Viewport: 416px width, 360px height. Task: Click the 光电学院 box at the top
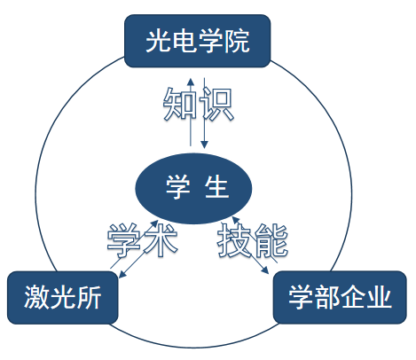198,41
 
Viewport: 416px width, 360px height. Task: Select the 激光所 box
63,297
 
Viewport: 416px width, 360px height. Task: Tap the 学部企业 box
340,297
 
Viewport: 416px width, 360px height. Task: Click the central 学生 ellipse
193,188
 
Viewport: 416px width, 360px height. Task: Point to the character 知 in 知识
180,104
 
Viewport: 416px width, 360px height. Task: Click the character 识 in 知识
216,104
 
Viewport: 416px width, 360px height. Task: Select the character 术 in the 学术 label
160,239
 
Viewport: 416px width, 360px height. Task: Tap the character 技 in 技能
235,239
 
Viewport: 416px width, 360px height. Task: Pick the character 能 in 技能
271,239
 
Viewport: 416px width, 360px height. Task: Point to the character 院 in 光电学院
237,41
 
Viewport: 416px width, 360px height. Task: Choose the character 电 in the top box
184,41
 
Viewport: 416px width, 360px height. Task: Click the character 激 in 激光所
36,297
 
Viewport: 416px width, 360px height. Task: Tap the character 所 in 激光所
89,297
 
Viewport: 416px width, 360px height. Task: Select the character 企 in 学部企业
352,297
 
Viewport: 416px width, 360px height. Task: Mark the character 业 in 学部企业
379,297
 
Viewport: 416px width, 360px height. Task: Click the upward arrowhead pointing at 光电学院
191,82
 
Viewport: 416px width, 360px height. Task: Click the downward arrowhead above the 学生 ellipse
204,145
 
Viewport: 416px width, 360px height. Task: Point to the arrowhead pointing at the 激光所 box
122,275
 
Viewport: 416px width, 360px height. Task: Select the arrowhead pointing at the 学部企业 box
265,270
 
